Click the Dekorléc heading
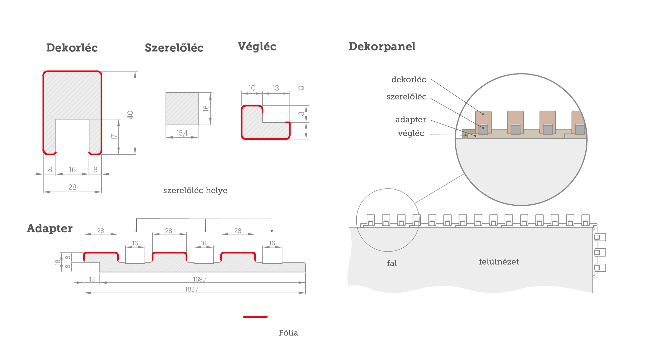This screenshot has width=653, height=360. tap(72, 48)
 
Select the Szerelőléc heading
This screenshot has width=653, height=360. tap(174, 48)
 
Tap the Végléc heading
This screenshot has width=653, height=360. tap(257, 47)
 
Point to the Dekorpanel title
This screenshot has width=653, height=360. tap(382, 47)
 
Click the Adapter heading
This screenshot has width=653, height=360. tap(49, 228)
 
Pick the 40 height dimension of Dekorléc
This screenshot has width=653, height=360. tap(130, 115)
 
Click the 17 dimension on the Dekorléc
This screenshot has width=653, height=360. tap(114, 137)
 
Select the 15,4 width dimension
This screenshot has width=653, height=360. tap(182, 133)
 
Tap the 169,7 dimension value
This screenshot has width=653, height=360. tap(200, 279)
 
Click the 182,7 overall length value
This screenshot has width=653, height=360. tap(192, 289)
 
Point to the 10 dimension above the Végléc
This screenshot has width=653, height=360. tap(252, 88)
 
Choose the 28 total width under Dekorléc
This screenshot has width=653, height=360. tap(72, 187)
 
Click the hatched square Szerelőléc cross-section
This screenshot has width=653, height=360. tap(182, 109)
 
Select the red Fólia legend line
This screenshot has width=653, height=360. tap(255, 317)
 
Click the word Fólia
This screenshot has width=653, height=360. tap(288, 333)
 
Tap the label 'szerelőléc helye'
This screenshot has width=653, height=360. tap(195, 190)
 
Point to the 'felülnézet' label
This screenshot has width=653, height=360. tap(499, 262)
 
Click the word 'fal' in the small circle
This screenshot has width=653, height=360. tap(392, 263)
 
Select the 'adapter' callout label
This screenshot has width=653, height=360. tap(411, 120)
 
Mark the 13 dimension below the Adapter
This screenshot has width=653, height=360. tap(92, 279)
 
